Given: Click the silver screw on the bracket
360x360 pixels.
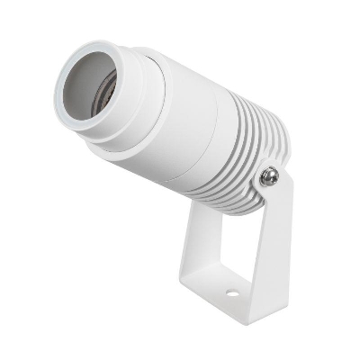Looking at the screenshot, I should (267, 177).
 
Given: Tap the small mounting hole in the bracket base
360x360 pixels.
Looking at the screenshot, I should (231, 294).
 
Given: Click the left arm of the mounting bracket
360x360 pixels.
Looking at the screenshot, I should (192, 243).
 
